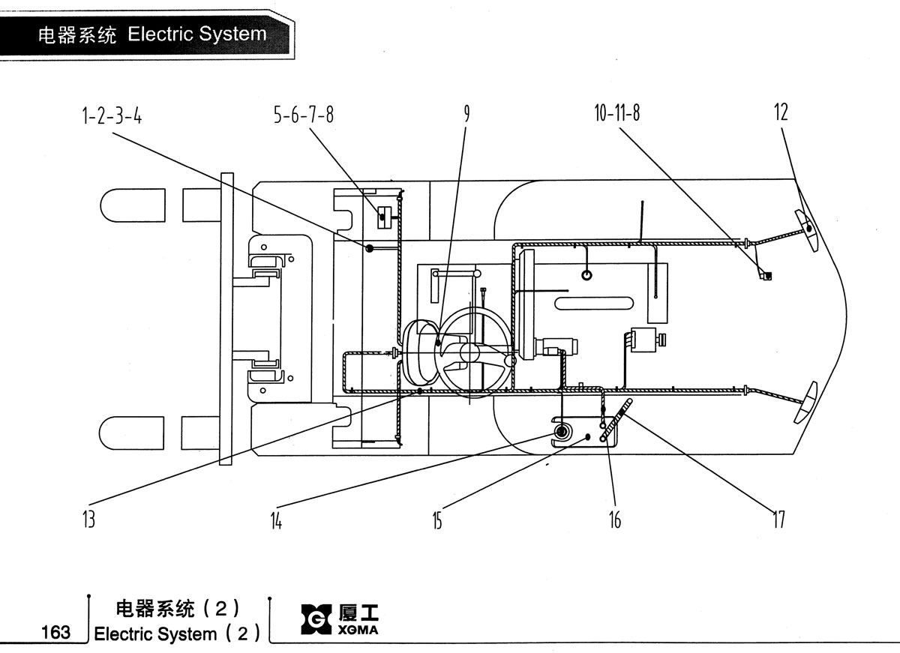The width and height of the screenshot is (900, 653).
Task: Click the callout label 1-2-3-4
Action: point(112,116)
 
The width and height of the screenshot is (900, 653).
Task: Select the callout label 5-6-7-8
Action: point(304,115)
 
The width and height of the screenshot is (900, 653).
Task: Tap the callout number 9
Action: point(466,113)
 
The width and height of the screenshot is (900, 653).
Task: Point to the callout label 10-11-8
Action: point(617,112)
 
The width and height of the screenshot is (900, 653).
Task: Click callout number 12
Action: point(781,112)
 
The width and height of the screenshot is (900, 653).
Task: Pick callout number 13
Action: point(88,520)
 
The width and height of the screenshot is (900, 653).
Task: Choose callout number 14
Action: point(276,521)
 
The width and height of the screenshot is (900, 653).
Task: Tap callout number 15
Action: point(437,520)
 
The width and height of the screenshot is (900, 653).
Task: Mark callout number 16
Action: point(615,520)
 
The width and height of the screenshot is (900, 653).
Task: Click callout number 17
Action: point(779,520)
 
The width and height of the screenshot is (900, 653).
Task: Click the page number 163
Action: point(55,633)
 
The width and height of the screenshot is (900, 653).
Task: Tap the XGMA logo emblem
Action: point(316,619)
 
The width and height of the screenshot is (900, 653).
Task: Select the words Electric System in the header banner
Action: point(196,34)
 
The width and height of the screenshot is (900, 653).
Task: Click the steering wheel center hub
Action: point(469,352)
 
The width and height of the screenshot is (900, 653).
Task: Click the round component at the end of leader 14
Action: point(560,432)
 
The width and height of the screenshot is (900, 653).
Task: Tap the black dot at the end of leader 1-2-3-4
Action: point(369,248)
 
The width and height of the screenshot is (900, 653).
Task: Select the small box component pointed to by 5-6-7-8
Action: point(384,217)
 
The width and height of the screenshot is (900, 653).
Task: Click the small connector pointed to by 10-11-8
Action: point(766,275)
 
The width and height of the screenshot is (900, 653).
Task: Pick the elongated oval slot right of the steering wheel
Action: point(594,303)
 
